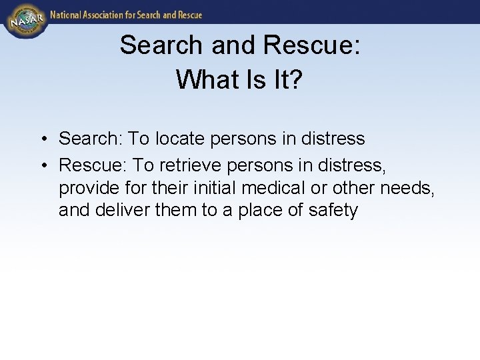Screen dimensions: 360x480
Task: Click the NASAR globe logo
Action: [x=25, y=21]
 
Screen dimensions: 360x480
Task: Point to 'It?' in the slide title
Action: [x=287, y=79]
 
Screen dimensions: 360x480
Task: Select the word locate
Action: [x=182, y=139]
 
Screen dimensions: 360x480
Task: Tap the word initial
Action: [x=203, y=187]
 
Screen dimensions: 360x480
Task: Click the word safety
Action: [x=333, y=211]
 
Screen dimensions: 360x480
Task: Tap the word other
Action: [x=353, y=187]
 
